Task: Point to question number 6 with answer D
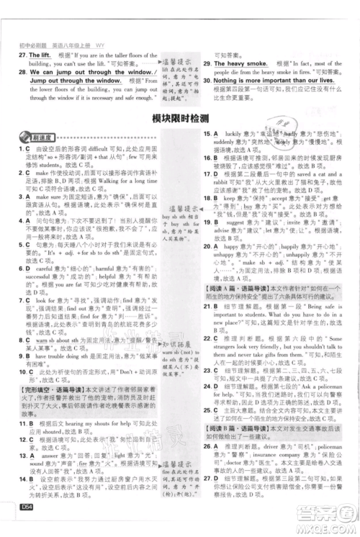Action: [23, 263]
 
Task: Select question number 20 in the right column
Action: [207, 245]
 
